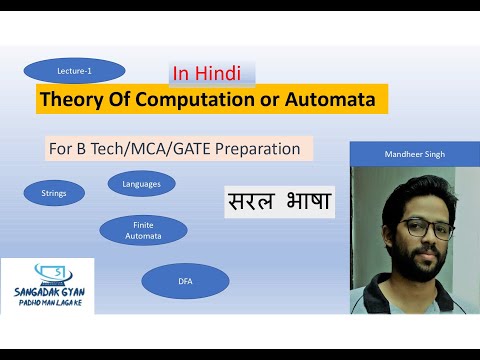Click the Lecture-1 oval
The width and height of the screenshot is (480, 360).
tap(74, 71)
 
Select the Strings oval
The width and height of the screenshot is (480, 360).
tap(54, 192)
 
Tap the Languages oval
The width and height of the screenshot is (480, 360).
tap(141, 184)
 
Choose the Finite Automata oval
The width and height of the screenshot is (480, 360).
tap(143, 230)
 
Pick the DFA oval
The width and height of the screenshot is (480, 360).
tap(185, 281)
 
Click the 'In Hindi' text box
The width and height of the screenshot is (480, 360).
tap(212, 73)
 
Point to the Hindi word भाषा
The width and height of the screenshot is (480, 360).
tap(306, 201)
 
